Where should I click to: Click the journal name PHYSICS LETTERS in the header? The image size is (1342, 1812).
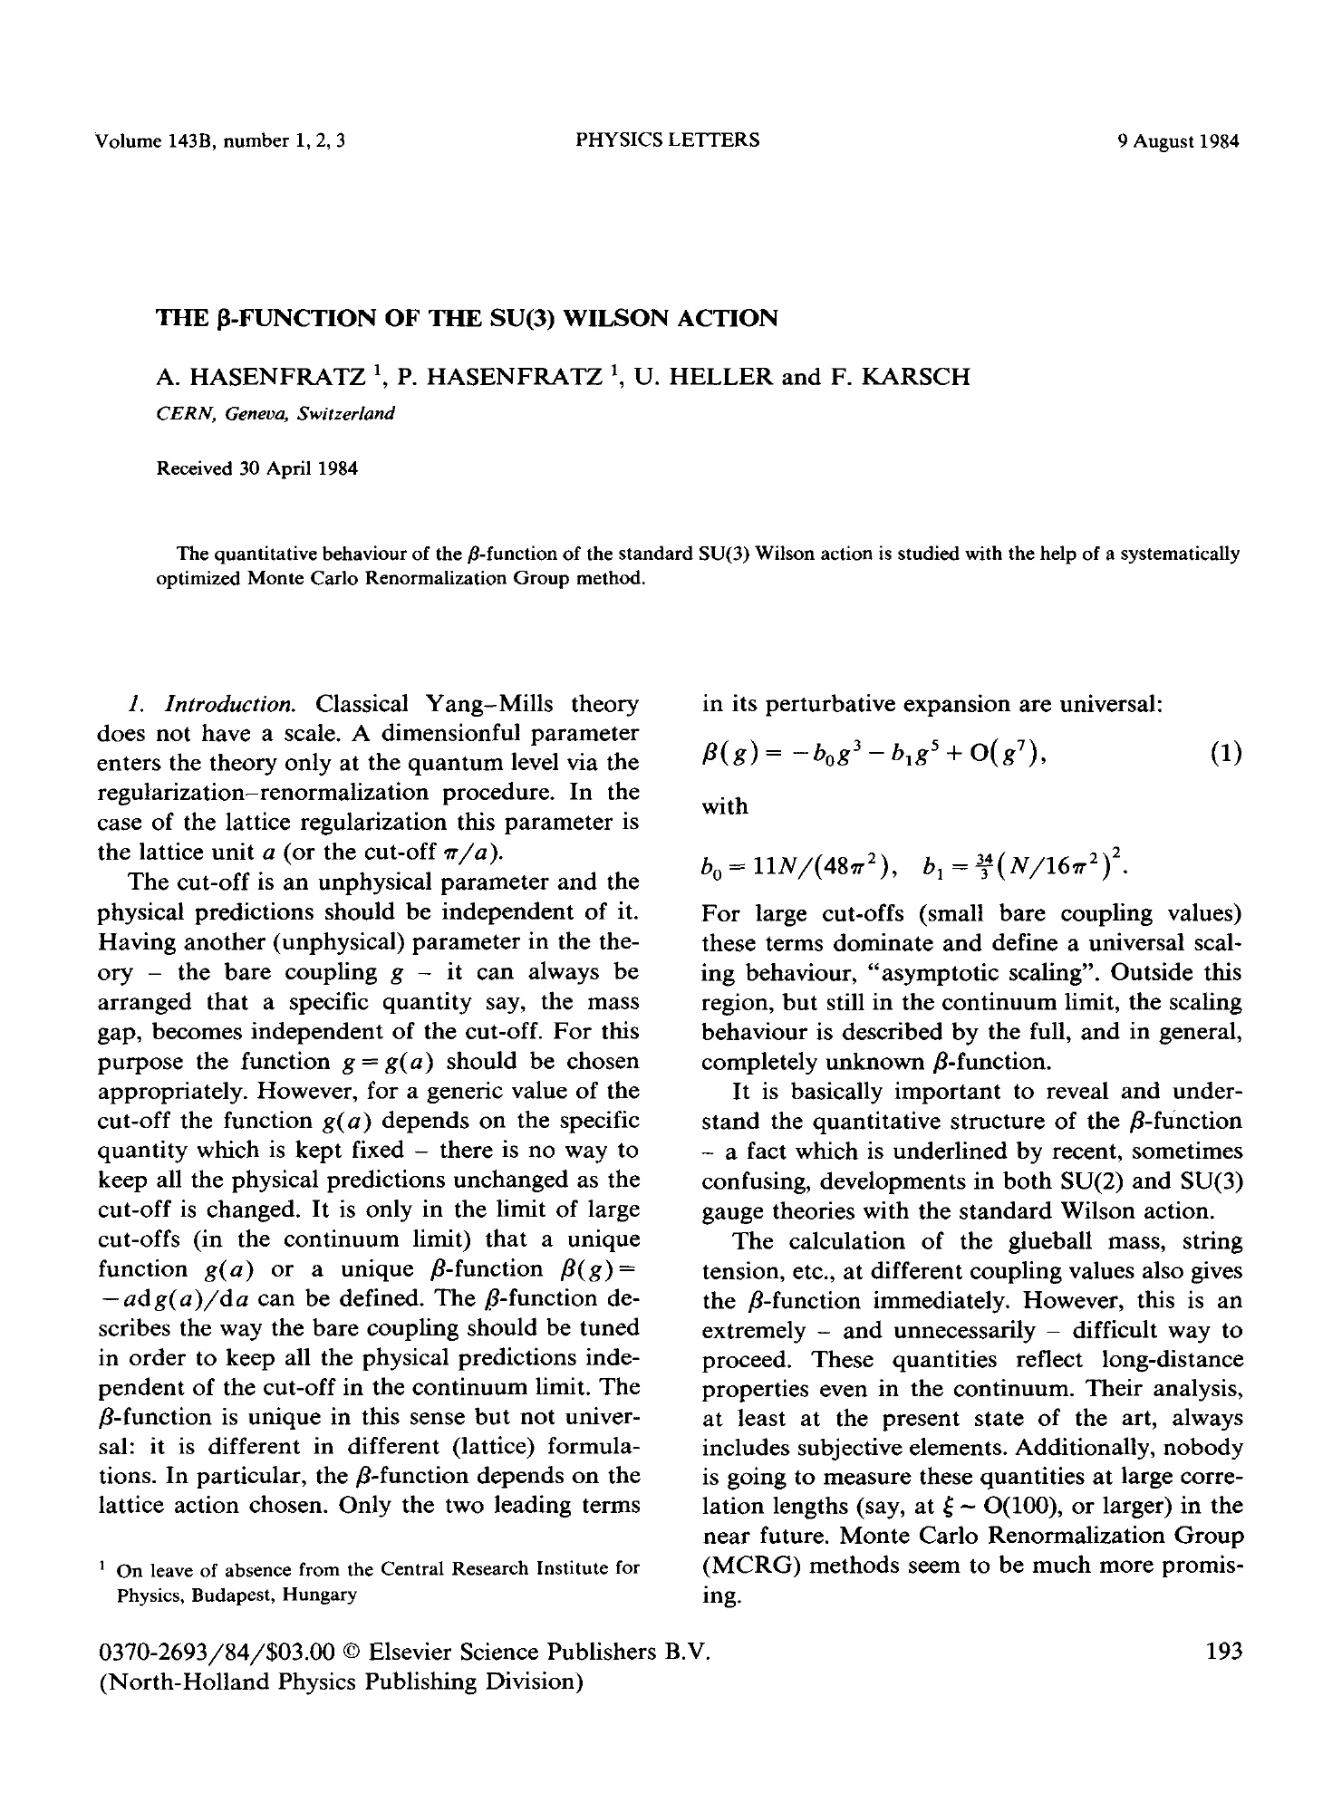pyautogui.click(x=667, y=140)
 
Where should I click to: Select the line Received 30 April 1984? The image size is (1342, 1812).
pyautogui.click(x=257, y=469)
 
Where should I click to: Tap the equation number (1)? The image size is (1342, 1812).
pyautogui.click(x=1225, y=754)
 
